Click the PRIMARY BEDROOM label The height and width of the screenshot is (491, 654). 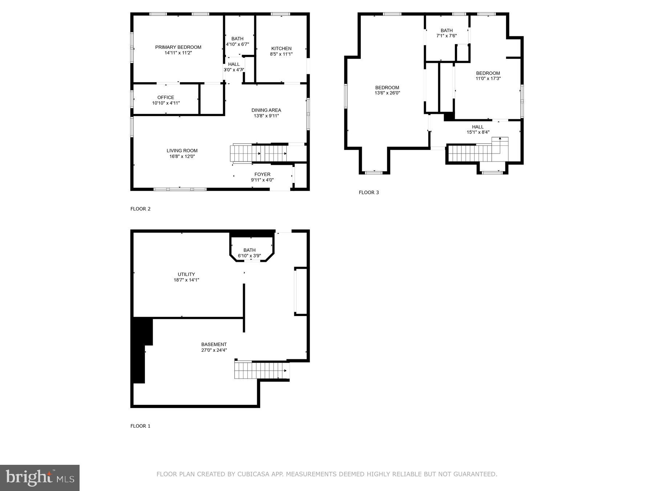(x=178, y=47)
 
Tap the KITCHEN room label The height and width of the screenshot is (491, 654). (x=281, y=48)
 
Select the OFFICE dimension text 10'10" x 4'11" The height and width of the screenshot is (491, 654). (x=166, y=103)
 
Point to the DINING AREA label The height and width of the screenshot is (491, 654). (x=266, y=110)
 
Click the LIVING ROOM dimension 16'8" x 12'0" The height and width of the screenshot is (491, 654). (x=182, y=156)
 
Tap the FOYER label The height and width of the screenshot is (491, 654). (x=262, y=175)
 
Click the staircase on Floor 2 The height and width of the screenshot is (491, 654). (x=259, y=153)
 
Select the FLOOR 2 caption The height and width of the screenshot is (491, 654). (x=140, y=209)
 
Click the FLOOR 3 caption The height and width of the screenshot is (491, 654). (x=368, y=192)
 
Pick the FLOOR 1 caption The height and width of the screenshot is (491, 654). (x=140, y=426)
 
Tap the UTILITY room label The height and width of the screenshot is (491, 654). (x=186, y=274)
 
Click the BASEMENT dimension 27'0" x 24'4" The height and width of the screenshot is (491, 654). (x=214, y=350)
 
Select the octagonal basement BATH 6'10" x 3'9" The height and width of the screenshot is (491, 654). (x=250, y=253)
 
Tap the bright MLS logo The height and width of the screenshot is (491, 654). (x=40, y=478)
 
